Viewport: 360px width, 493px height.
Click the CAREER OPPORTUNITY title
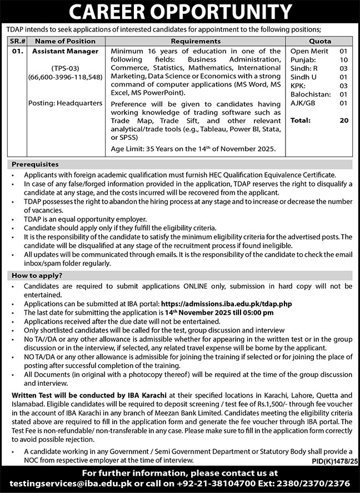[180, 12]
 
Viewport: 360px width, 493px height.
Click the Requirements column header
[196, 41]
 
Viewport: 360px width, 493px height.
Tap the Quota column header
[319, 41]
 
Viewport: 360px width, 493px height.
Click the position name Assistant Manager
[65, 51]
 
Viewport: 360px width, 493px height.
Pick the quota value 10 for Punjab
[343, 59]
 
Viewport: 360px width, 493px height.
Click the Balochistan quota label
[311, 94]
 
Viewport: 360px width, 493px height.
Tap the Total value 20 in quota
[343, 120]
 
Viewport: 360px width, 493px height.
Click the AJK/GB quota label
[304, 103]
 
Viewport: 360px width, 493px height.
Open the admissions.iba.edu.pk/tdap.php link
[226, 304]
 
